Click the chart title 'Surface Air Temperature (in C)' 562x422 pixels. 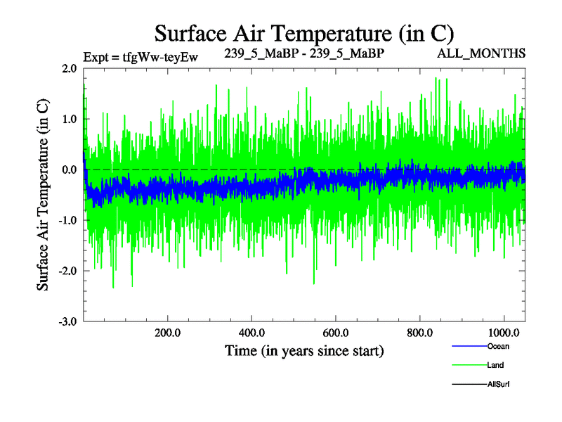coord(304,33)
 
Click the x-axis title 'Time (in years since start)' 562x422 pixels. coord(304,350)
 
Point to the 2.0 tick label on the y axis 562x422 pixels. coord(69,69)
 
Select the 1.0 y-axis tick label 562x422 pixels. coord(69,120)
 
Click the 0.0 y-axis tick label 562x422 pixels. coord(69,170)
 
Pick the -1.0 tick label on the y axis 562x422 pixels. coord(67,221)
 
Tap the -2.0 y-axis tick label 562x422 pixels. coord(67,271)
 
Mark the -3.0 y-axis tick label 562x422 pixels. coord(67,322)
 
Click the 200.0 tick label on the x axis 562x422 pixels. coord(168,332)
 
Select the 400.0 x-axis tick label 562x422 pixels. coord(251,332)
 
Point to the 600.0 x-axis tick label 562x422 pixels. coord(336,332)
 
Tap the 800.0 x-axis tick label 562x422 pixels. coord(419,332)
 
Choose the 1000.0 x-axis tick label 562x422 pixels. coord(503,332)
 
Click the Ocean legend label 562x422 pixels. coord(498,346)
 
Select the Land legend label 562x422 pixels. coord(495,365)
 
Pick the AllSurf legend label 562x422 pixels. coord(499,384)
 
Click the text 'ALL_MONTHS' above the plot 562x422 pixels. coord(482,53)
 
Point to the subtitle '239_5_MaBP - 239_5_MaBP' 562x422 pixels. coord(304,53)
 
